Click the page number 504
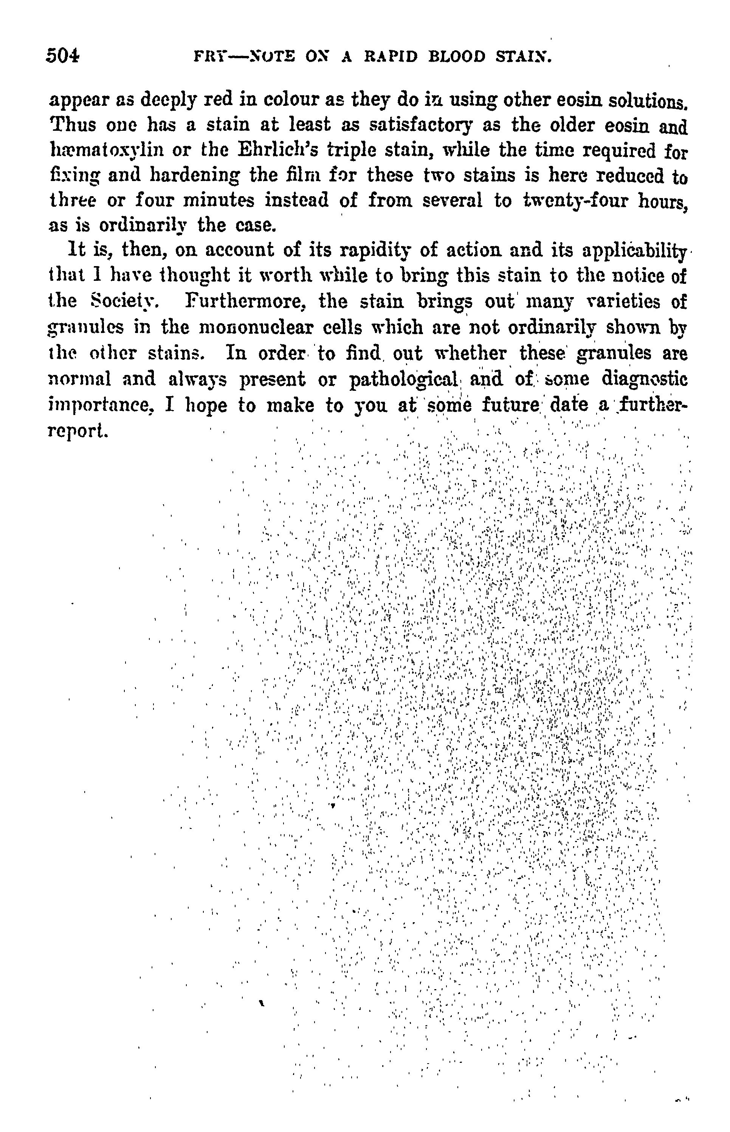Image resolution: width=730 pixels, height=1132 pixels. (63, 56)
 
